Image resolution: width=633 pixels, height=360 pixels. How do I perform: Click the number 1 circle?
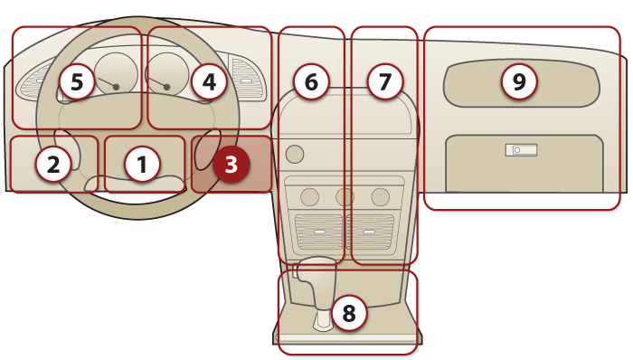tap(142, 165)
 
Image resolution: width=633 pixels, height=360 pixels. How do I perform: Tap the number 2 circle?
tap(53, 165)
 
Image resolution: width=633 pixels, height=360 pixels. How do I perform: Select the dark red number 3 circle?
tap(231, 165)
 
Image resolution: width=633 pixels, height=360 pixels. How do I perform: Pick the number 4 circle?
tap(209, 82)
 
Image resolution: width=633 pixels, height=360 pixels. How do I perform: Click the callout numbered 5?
tap(77, 82)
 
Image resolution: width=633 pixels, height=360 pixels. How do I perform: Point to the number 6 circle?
tap(311, 82)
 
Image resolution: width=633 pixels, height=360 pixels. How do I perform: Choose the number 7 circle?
tap(384, 82)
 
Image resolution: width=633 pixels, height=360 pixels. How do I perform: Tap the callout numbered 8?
tap(349, 313)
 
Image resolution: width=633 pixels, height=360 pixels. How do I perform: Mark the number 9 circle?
tap(519, 82)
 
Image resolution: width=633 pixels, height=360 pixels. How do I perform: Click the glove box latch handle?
tap(521, 150)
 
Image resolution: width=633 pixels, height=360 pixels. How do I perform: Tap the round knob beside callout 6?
tap(295, 154)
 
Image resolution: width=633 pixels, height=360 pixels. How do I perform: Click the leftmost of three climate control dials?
tap(309, 197)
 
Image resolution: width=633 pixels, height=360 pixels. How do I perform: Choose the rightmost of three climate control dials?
tap(381, 197)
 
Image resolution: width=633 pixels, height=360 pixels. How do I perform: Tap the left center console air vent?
tap(319, 232)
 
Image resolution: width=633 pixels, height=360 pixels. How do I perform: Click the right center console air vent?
tap(370, 232)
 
